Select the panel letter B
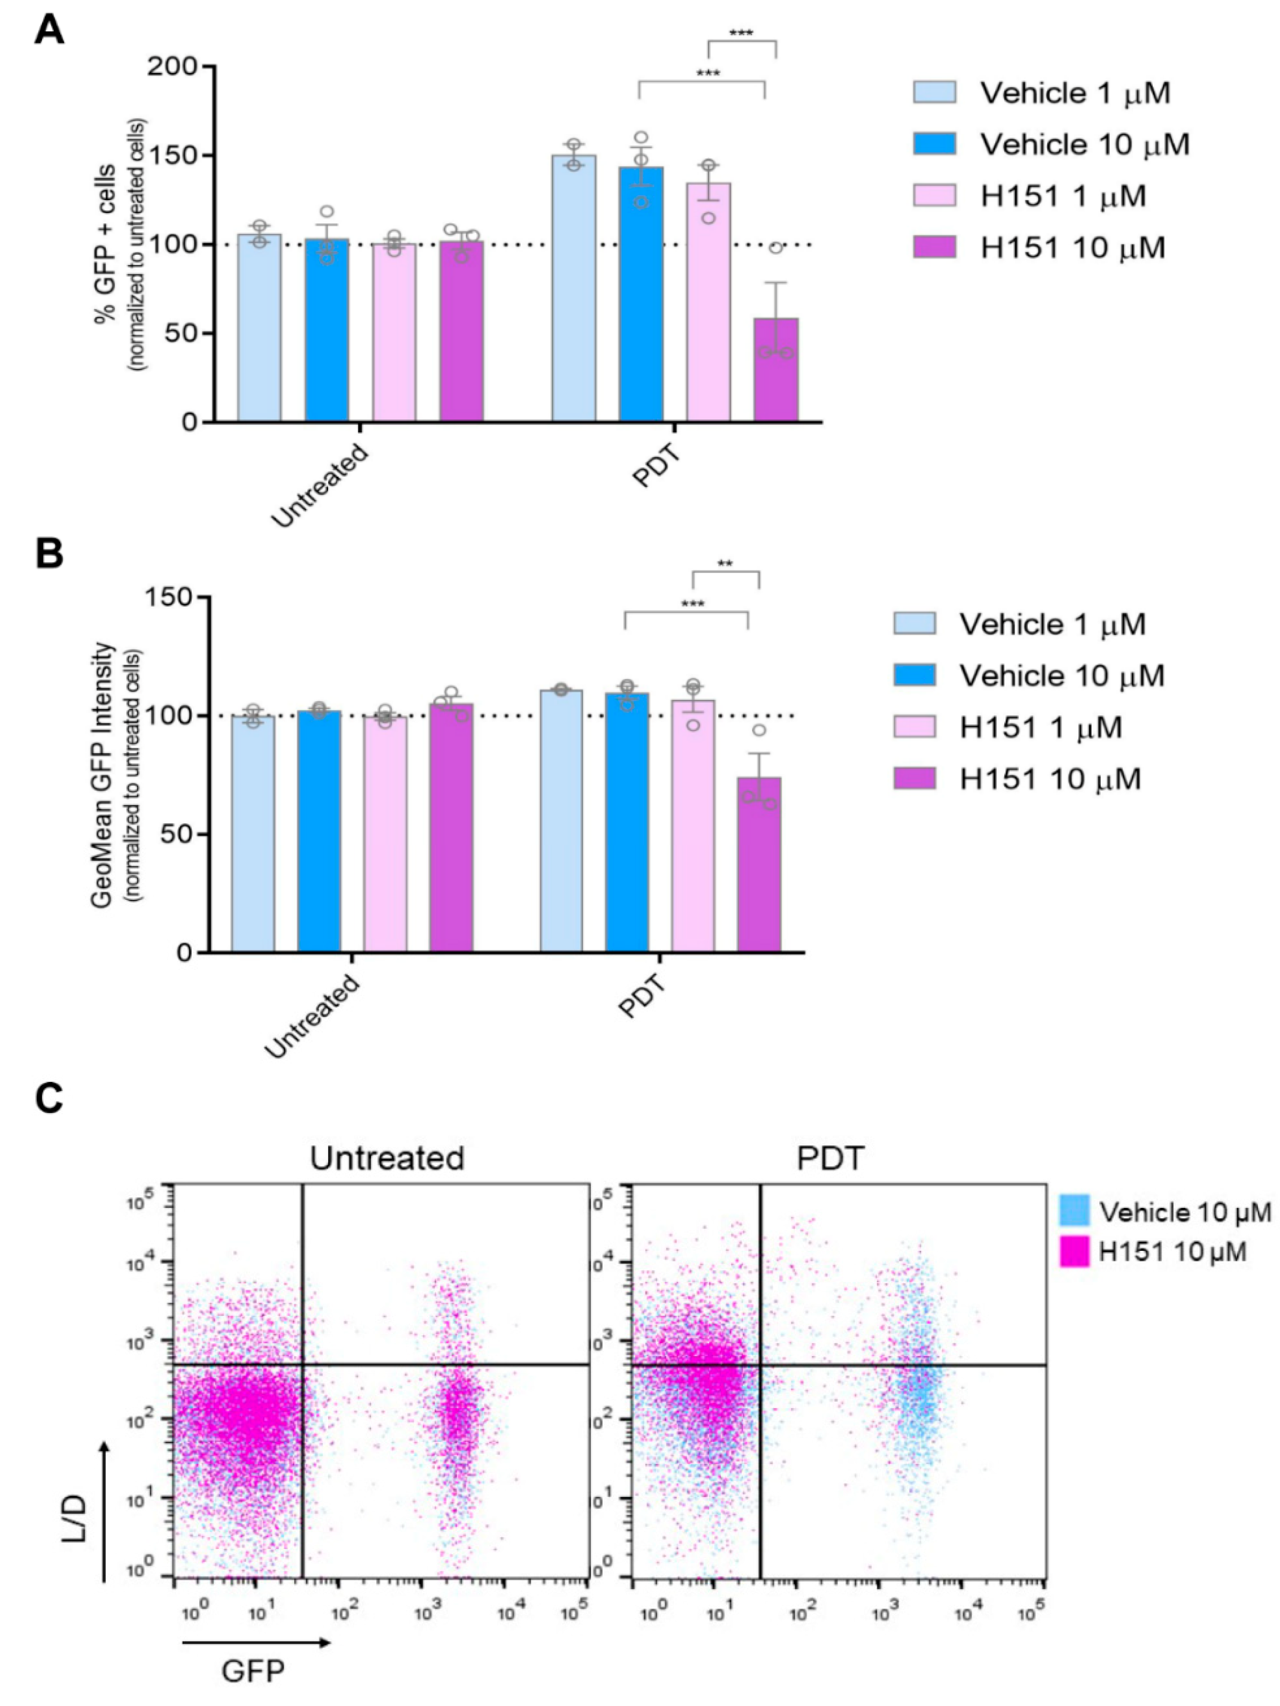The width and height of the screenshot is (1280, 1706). tap(50, 554)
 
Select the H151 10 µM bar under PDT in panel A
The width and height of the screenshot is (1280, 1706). tap(775, 370)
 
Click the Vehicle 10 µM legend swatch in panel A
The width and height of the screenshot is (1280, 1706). tap(934, 144)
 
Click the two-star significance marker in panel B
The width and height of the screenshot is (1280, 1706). tap(725, 564)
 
